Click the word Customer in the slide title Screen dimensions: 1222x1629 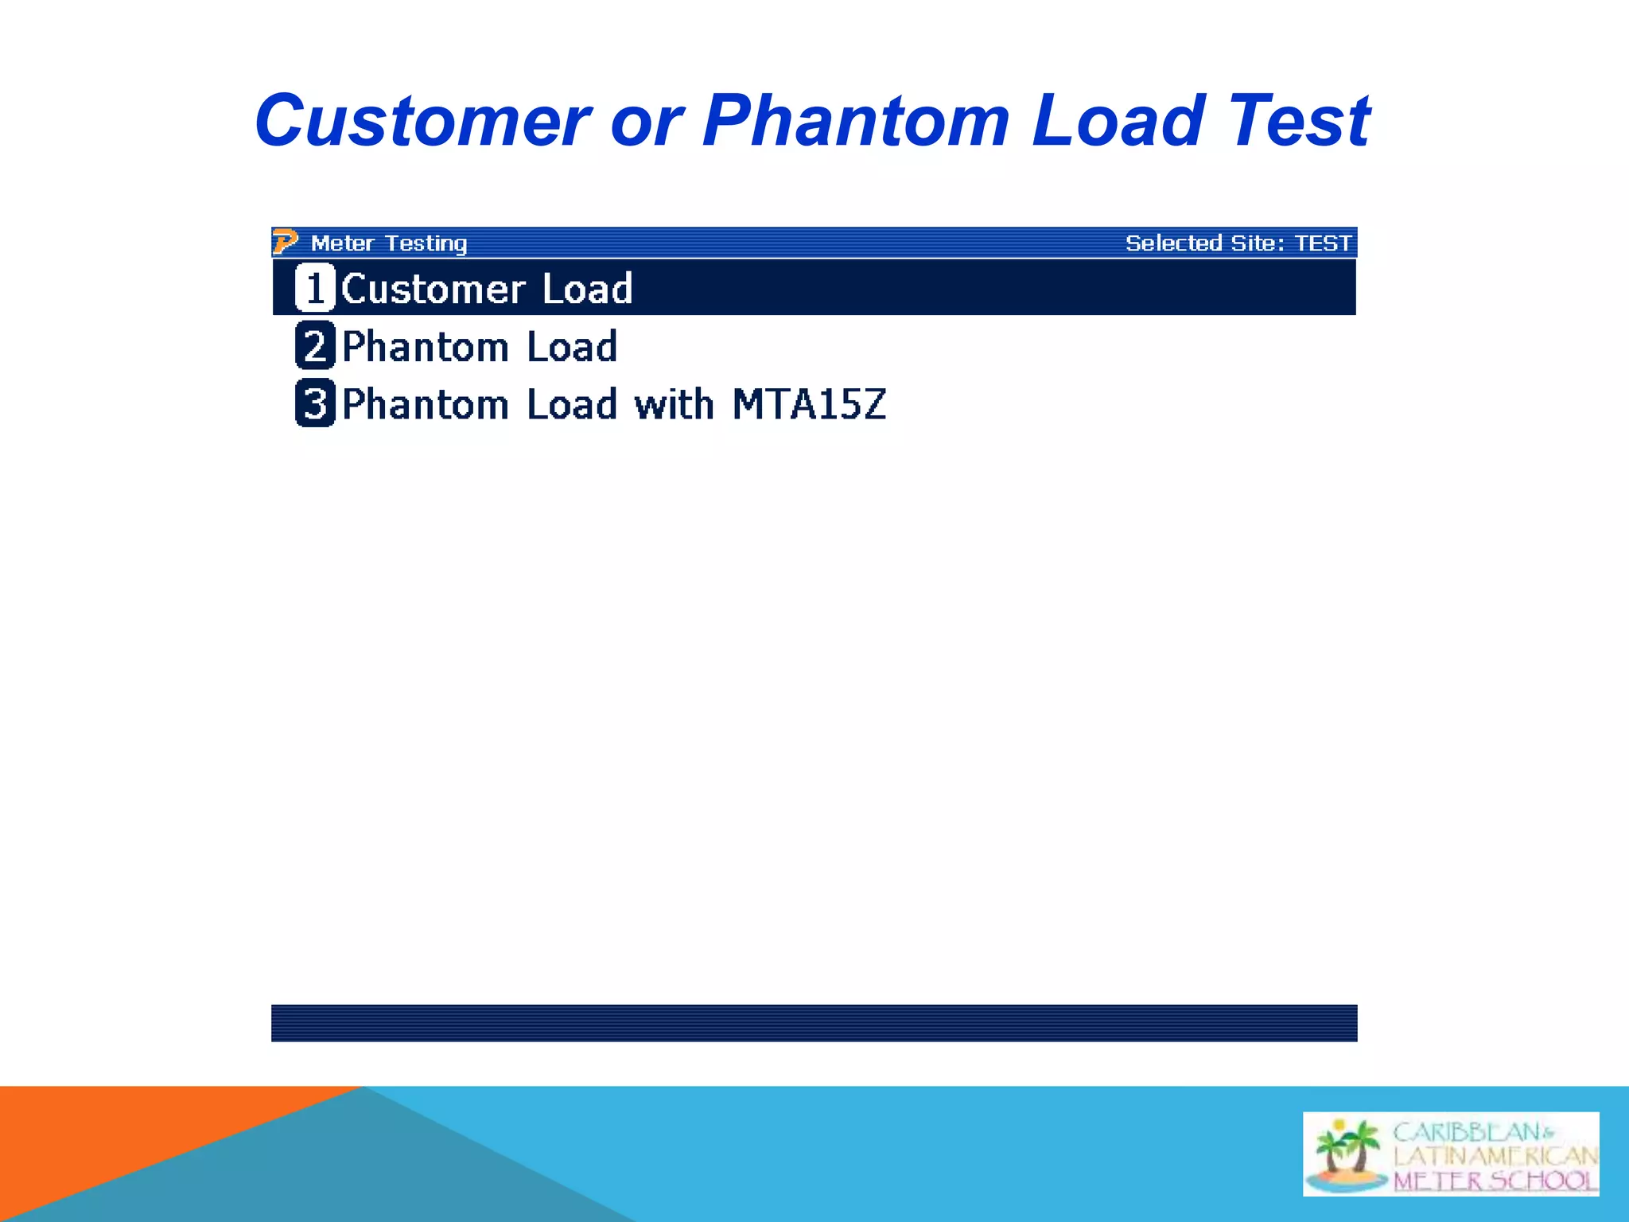(x=422, y=121)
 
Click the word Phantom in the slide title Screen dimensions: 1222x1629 (x=856, y=121)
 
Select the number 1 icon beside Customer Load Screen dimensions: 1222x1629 (x=315, y=287)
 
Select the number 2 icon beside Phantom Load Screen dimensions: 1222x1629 (x=315, y=346)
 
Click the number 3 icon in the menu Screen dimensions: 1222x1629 (x=315, y=403)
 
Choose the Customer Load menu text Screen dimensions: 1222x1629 (x=487, y=288)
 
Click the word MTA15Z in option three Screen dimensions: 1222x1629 (x=809, y=404)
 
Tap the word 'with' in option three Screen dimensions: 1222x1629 (x=674, y=404)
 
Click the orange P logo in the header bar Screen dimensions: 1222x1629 (x=285, y=241)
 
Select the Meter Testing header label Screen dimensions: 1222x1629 (x=389, y=243)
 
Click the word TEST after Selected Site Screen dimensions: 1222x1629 (x=1323, y=243)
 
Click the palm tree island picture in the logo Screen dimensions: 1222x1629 (x=1347, y=1154)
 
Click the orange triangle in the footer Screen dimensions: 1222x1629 (x=119, y=1146)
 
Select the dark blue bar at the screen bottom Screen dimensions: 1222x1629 (x=814, y=1023)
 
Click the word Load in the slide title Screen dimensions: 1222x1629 (x=1118, y=121)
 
